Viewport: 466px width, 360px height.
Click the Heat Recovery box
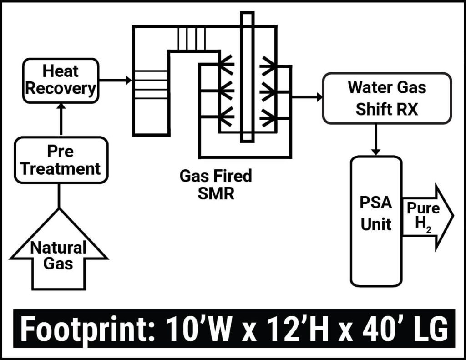point(61,81)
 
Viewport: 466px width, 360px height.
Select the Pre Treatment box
point(61,160)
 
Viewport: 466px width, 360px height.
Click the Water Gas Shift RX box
point(387,98)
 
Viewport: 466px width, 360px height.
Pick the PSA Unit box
point(376,221)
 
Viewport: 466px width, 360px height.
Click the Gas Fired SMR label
point(216,185)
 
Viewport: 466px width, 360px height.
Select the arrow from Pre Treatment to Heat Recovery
point(61,119)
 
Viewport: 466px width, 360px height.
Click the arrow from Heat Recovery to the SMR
point(115,81)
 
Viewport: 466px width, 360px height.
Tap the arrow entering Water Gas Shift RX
point(307,97)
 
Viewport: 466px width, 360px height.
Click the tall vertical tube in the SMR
point(247,77)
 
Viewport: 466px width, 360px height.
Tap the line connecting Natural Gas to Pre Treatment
point(59,196)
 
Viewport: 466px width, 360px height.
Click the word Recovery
point(61,89)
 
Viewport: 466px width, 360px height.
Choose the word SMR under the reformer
point(216,194)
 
